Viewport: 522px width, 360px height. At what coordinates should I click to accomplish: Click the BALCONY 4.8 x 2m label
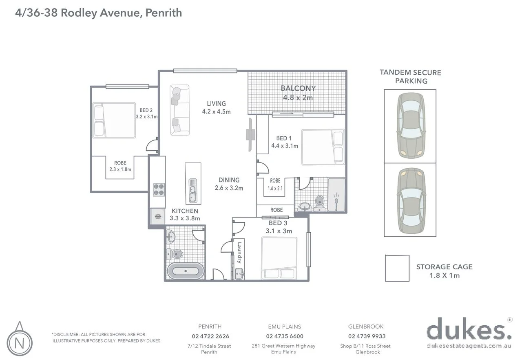pos(298,93)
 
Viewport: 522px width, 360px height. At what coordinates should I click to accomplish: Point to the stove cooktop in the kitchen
pos(158,189)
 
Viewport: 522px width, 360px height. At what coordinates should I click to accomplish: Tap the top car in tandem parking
pos(410,126)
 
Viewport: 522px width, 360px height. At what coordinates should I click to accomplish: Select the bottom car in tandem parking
pos(410,200)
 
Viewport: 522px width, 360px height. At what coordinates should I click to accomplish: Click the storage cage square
pos(397,268)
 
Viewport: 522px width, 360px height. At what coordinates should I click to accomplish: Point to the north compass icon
pos(18,340)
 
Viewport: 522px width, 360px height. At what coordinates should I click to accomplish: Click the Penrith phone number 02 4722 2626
pos(210,336)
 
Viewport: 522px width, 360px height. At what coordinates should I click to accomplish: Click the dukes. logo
pos(469,331)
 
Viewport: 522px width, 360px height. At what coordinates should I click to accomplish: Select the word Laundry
pos(239,253)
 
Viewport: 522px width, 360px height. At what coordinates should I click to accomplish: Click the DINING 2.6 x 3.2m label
pos(229,184)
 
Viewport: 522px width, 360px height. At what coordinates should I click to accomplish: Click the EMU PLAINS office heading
pos(284,327)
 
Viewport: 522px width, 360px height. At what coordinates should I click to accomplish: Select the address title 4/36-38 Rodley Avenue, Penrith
pos(98,13)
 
